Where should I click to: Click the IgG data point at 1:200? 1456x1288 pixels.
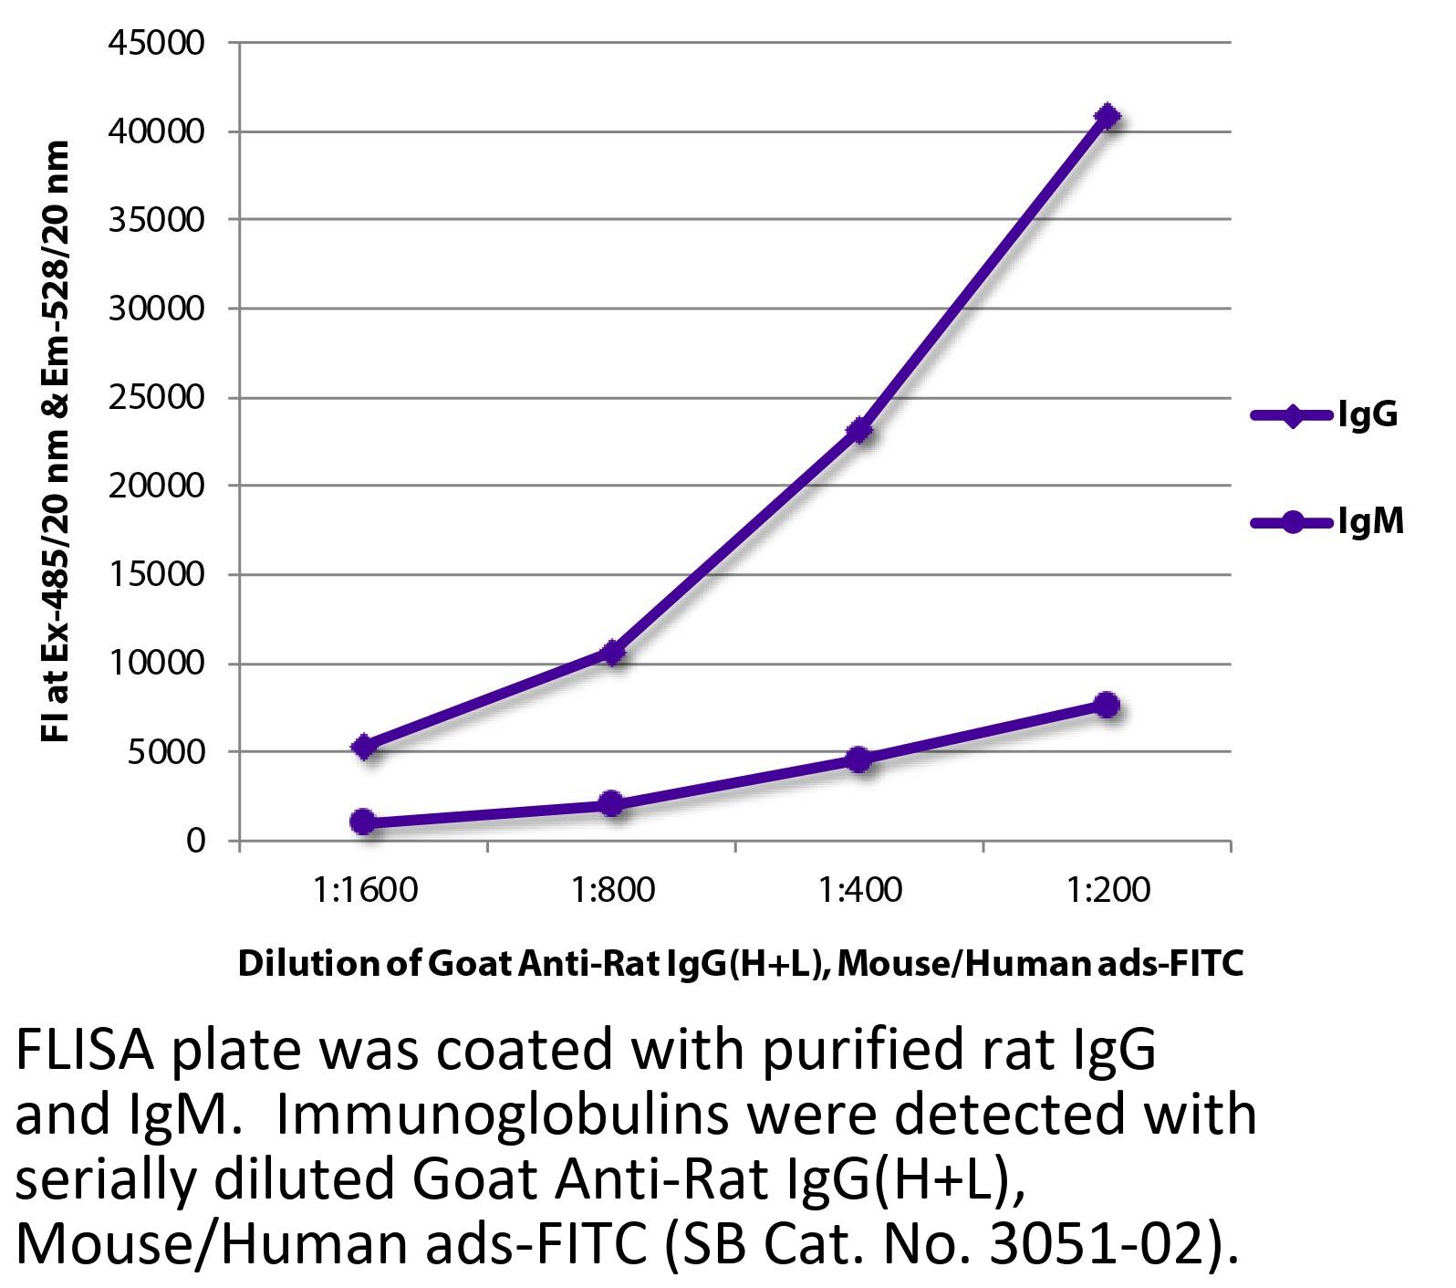pyautogui.click(x=1107, y=117)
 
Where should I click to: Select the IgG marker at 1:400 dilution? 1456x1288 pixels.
pyautogui.click(x=858, y=430)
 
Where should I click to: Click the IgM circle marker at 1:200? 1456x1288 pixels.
pyautogui.click(x=1107, y=705)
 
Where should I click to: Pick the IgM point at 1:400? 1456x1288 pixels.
pyautogui.click(x=858, y=759)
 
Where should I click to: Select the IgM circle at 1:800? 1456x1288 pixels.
pyautogui.click(x=611, y=804)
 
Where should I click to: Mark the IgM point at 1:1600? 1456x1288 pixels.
pyautogui.click(x=363, y=822)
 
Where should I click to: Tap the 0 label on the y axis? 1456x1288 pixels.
pyautogui.click(x=195, y=841)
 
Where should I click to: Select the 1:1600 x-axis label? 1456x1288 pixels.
pyautogui.click(x=364, y=889)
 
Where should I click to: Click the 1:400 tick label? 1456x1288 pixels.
pyautogui.click(x=859, y=889)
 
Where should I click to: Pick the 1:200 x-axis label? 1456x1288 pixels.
pyautogui.click(x=1108, y=889)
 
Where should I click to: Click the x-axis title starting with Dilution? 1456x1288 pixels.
pyautogui.click(x=740, y=963)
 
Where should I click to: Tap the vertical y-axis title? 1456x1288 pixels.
pyautogui.click(x=57, y=441)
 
